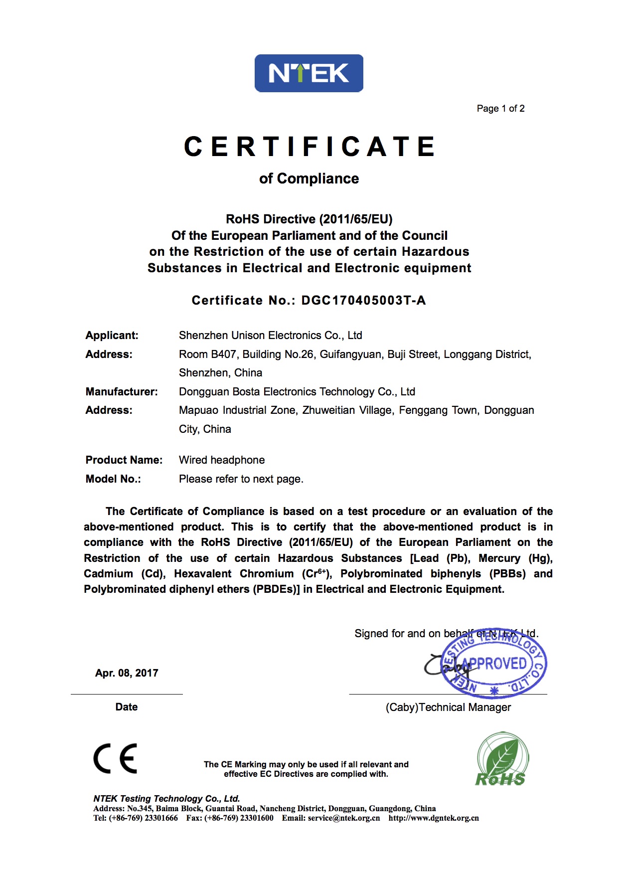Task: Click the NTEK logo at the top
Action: [309, 73]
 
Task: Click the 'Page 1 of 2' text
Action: [500, 109]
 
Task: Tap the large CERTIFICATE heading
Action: [309, 147]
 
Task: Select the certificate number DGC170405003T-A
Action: [363, 300]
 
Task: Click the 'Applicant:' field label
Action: [112, 336]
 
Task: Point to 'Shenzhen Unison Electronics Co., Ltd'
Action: [270, 336]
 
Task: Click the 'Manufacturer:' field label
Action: [122, 392]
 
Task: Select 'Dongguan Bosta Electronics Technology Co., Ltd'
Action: [297, 392]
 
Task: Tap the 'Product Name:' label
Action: [124, 460]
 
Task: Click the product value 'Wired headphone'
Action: [222, 460]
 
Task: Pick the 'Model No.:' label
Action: [113, 479]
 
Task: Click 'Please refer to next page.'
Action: [241, 479]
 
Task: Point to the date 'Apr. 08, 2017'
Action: [127, 673]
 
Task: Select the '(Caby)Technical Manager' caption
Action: [448, 707]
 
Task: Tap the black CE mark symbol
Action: [115, 758]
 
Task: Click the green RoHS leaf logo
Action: [501, 759]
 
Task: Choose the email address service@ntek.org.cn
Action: [343, 818]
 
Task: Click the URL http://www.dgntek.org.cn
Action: [434, 818]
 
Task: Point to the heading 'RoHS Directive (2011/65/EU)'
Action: [309, 219]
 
